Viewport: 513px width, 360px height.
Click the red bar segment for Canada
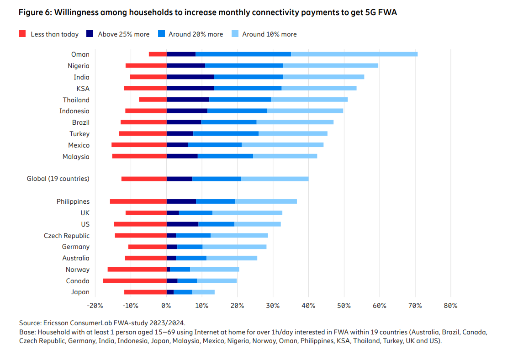(x=135, y=281)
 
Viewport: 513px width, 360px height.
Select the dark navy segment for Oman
(x=181, y=54)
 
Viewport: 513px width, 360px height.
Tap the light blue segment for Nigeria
(x=330, y=66)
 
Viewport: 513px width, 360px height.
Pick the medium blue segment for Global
(x=217, y=179)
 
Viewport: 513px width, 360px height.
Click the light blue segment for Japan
(x=203, y=292)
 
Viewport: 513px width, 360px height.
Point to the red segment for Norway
(x=137, y=270)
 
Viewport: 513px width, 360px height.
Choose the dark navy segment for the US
(x=182, y=224)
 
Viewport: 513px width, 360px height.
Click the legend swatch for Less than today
(x=22, y=34)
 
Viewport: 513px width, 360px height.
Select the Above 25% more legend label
(x=123, y=34)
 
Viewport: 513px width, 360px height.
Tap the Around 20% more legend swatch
(x=161, y=34)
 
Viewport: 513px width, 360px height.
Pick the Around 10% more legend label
(x=269, y=34)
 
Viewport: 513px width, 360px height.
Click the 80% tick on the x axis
(x=450, y=306)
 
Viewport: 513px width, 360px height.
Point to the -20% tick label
(x=95, y=306)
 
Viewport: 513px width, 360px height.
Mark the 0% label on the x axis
(x=166, y=306)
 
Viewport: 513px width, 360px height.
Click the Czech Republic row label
(x=67, y=236)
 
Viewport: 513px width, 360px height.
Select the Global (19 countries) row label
(x=58, y=179)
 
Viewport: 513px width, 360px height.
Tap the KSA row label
(x=83, y=89)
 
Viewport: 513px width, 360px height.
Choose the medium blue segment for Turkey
(x=226, y=133)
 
